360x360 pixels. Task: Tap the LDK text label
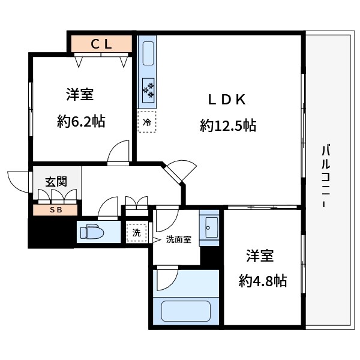(227, 100)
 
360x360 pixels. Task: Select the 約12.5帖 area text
(228, 125)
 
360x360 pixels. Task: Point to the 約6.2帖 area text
(81, 122)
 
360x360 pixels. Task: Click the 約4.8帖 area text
(262, 280)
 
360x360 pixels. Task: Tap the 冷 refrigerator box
(146, 122)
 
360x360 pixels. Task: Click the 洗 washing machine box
(136, 232)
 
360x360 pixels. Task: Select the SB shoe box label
(55, 210)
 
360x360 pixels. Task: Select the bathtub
(186, 311)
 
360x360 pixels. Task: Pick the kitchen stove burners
(148, 89)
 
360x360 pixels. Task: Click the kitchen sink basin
(148, 53)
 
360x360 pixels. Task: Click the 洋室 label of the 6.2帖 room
(79, 95)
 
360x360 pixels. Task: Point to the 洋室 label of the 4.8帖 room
(260, 256)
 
